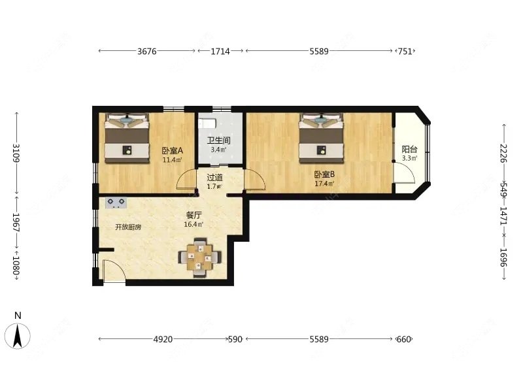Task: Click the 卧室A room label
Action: (x=173, y=151)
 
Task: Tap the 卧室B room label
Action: (x=324, y=174)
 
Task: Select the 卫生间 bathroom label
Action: (x=219, y=140)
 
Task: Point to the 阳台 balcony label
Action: (x=409, y=149)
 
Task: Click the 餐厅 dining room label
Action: (x=194, y=216)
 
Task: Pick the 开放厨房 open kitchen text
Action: (x=128, y=227)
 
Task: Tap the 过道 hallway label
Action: (x=214, y=177)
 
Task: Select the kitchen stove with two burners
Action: (x=116, y=203)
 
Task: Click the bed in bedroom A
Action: (x=127, y=139)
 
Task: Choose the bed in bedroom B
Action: (x=321, y=139)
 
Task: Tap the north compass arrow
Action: (x=18, y=336)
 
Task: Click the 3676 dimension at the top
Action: (x=147, y=51)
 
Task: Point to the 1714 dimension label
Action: (x=220, y=51)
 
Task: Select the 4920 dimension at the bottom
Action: (x=163, y=339)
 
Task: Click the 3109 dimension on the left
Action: (x=16, y=153)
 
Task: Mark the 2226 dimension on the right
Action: (x=503, y=153)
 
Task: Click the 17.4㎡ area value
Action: (x=324, y=184)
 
